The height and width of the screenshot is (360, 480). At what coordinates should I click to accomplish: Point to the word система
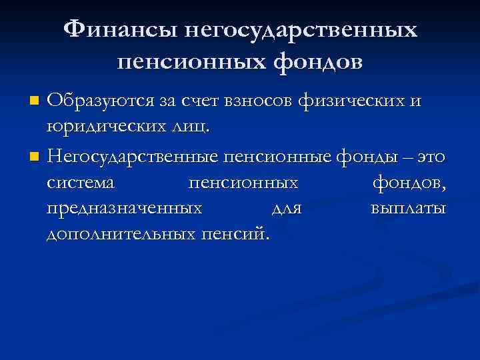pyautogui.click(x=81, y=182)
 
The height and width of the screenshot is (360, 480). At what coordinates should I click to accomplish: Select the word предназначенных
pyautogui.click(x=125, y=209)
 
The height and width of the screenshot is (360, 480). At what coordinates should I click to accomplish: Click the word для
pyautogui.click(x=287, y=209)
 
